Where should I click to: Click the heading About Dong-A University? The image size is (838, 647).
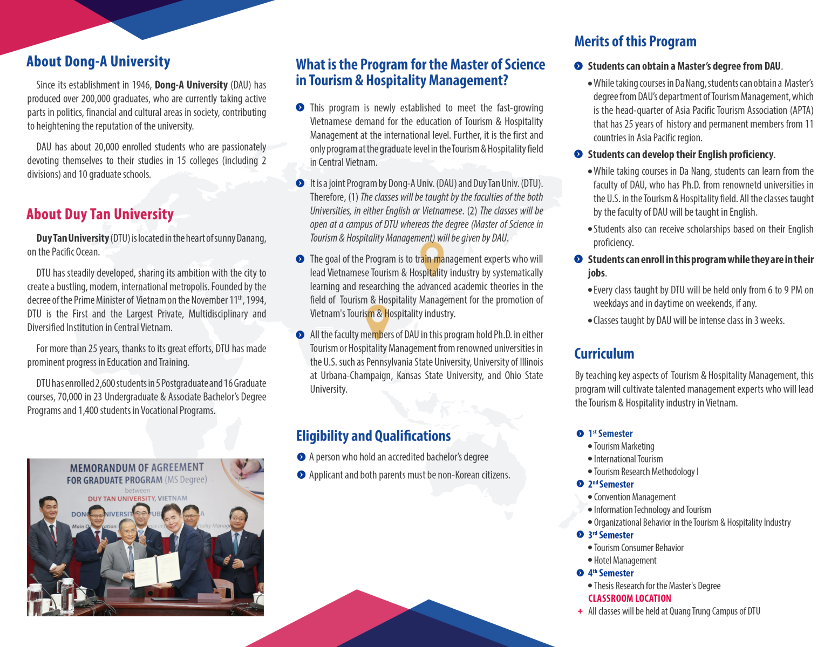click(x=98, y=61)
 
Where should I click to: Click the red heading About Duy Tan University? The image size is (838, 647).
click(x=100, y=215)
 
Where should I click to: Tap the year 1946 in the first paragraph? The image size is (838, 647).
click(x=140, y=85)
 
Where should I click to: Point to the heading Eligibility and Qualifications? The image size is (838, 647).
click(x=373, y=436)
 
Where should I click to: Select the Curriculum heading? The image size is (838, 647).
click(x=604, y=354)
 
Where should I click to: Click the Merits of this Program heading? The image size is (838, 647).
click(x=635, y=42)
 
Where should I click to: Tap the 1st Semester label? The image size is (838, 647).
click(x=610, y=433)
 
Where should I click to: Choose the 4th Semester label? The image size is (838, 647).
click(x=610, y=573)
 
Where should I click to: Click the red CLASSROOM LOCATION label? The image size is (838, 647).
click(x=629, y=598)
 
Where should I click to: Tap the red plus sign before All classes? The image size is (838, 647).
click(x=580, y=611)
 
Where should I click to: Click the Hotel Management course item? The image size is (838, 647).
click(x=625, y=561)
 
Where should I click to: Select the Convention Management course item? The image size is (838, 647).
click(x=635, y=497)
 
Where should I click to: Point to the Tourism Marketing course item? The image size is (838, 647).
click(x=624, y=446)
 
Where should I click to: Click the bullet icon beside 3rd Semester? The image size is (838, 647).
click(x=580, y=535)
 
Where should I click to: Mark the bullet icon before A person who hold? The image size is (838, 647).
click(x=301, y=457)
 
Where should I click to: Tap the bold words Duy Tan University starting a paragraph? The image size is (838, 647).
click(x=72, y=238)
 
